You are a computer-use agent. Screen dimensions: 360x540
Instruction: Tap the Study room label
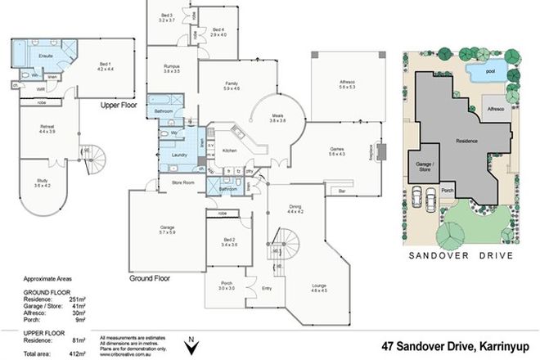[42, 182]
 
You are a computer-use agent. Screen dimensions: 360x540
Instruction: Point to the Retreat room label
[47, 128]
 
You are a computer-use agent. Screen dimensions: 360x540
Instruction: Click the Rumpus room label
[171, 69]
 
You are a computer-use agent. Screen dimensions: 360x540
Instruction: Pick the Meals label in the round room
[277, 119]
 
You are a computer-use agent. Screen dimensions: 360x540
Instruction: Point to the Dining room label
[295, 209]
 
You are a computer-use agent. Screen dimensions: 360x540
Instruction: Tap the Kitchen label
[230, 151]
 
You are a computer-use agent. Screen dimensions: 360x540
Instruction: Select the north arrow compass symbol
[191, 346]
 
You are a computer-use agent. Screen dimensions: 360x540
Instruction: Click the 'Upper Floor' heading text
[120, 106]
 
